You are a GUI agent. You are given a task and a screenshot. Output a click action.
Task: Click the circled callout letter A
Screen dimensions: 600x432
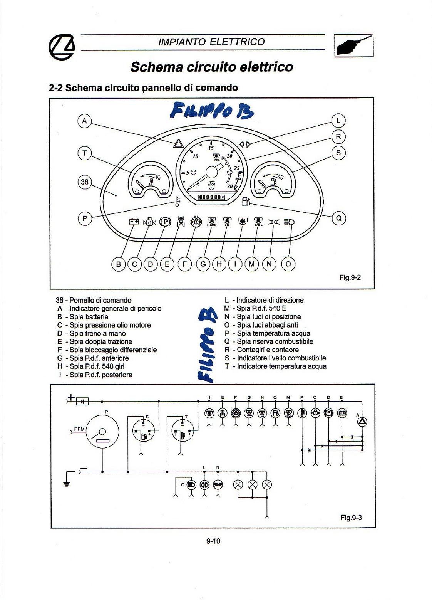[x=85, y=121]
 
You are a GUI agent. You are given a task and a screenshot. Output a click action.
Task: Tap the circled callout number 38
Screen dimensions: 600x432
[x=85, y=182]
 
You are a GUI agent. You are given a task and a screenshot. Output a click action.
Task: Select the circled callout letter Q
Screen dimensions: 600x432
[x=339, y=218]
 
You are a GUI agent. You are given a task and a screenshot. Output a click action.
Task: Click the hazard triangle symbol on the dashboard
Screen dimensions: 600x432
[x=178, y=144]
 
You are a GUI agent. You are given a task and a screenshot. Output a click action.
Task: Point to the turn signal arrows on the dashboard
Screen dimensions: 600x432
[x=245, y=144]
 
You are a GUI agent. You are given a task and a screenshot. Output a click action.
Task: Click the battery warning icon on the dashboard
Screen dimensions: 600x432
[x=134, y=222]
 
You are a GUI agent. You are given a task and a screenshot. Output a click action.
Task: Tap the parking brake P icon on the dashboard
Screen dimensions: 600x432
[x=165, y=222]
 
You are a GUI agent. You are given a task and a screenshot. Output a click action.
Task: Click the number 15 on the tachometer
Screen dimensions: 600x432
[x=211, y=148]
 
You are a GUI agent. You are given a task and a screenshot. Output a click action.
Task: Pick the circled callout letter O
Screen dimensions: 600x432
[x=288, y=264]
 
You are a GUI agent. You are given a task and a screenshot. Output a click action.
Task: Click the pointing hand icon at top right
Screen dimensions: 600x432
[x=354, y=46]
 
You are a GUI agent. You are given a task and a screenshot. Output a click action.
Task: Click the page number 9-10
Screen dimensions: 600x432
[x=213, y=541]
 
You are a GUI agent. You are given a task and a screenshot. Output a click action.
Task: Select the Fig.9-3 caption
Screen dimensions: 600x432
[x=351, y=518]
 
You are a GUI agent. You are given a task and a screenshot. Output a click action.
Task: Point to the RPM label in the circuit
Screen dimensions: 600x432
[x=79, y=429]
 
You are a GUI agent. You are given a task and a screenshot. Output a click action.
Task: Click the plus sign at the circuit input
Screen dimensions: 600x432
[x=71, y=397]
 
